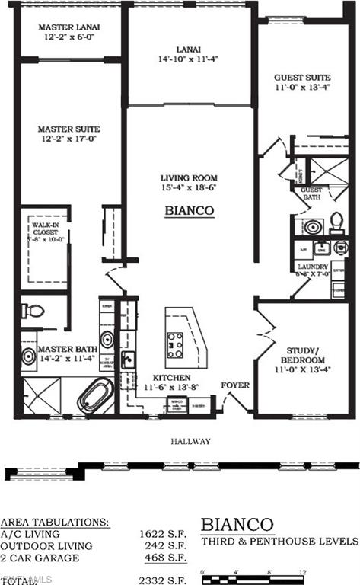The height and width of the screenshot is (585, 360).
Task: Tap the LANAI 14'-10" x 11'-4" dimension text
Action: click(x=189, y=59)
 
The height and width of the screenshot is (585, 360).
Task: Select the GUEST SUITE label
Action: click(x=302, y=77)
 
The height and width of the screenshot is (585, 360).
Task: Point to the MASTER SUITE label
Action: click(x=69, y=129)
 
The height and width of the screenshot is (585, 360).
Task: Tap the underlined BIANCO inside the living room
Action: click(x=189, y=211)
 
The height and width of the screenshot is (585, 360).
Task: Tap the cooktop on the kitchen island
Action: click(x=176, y=344)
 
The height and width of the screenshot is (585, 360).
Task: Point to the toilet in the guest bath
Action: click(x=336, y=222)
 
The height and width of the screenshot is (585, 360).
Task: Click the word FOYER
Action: click(x=235, y=385)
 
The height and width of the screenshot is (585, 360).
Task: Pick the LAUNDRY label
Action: click(x=313, y=267)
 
